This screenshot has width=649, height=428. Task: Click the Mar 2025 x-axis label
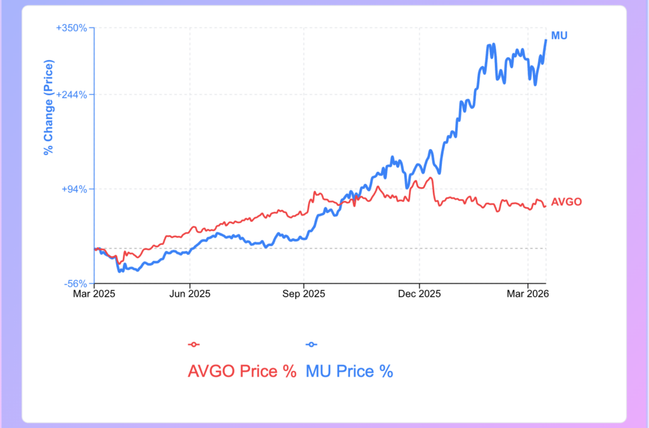94,294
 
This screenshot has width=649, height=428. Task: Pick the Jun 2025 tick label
190,294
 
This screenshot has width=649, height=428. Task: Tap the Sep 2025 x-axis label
304,294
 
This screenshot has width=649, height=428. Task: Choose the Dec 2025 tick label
419,294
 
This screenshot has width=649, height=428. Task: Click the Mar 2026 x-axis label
528,294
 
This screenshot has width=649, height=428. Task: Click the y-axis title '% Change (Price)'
48,107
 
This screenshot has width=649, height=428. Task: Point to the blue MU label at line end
559,36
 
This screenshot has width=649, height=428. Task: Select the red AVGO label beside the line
566,202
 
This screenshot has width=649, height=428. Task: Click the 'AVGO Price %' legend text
242,371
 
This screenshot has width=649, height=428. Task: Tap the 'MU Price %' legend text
350,371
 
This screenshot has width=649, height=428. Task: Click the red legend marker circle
194,344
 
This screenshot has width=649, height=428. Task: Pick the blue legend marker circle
312,344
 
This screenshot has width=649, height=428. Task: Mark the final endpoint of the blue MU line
546,40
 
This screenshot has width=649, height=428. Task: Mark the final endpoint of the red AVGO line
545,205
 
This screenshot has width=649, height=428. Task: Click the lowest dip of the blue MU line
119,271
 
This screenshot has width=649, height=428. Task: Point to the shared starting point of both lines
94,249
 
